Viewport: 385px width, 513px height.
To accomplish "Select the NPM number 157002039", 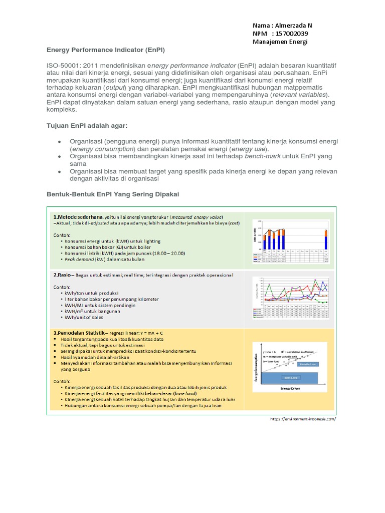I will pos(290,33).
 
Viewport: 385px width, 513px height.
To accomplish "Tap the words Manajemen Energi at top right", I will pos(280,42).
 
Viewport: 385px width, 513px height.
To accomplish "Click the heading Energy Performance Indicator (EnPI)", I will pos(106,51).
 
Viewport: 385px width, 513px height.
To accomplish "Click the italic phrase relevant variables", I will pos(299,94).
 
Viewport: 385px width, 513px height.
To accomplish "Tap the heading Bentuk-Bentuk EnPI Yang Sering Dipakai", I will pos(113,193).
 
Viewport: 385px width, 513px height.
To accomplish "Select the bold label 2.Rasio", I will pos(63,275).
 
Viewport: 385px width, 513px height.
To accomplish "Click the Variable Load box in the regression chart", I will pos(305,365).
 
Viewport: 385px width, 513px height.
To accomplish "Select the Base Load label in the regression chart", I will pos(290,377).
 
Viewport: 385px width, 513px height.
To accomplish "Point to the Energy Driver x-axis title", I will pos(290,387).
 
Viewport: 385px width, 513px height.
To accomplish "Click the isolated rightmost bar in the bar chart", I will pos(325,242).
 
